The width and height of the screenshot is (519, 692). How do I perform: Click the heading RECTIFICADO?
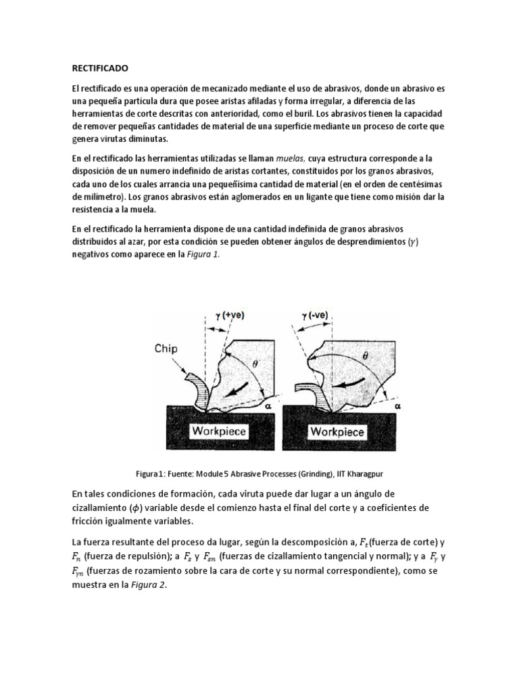[x=99, y=68]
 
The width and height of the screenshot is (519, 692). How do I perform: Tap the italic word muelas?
[x=292, y=157]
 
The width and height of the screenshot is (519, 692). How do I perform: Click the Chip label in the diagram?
[x=167, y=349]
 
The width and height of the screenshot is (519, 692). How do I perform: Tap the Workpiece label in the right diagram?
[x=339, y=430]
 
